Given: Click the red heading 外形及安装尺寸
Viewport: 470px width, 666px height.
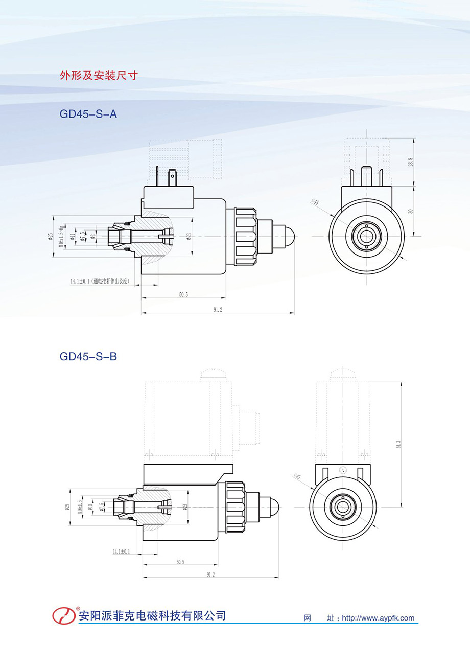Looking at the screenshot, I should pos(99,76).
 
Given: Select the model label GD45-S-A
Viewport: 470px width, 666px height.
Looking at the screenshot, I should pos(88,114).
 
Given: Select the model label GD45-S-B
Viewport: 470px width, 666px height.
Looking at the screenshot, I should pos(88,356).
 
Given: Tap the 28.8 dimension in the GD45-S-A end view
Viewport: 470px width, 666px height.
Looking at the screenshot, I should pos(410,162).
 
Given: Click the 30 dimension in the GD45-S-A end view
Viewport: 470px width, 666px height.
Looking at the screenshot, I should pos(410,211).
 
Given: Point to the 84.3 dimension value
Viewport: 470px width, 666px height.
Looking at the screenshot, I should pos(398,444).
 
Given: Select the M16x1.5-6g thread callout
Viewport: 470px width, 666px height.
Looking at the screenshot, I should pos(61,236).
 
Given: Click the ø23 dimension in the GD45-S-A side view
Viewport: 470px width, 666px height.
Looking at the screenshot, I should pos(189,236).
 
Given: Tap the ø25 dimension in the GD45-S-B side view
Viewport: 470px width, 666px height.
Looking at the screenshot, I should pos(67,507).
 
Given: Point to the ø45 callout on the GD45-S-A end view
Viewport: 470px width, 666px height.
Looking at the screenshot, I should pos(315,202).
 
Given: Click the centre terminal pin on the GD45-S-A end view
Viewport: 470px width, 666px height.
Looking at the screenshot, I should pos(366,177).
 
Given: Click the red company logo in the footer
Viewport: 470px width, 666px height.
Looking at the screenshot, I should pos(64,615).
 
